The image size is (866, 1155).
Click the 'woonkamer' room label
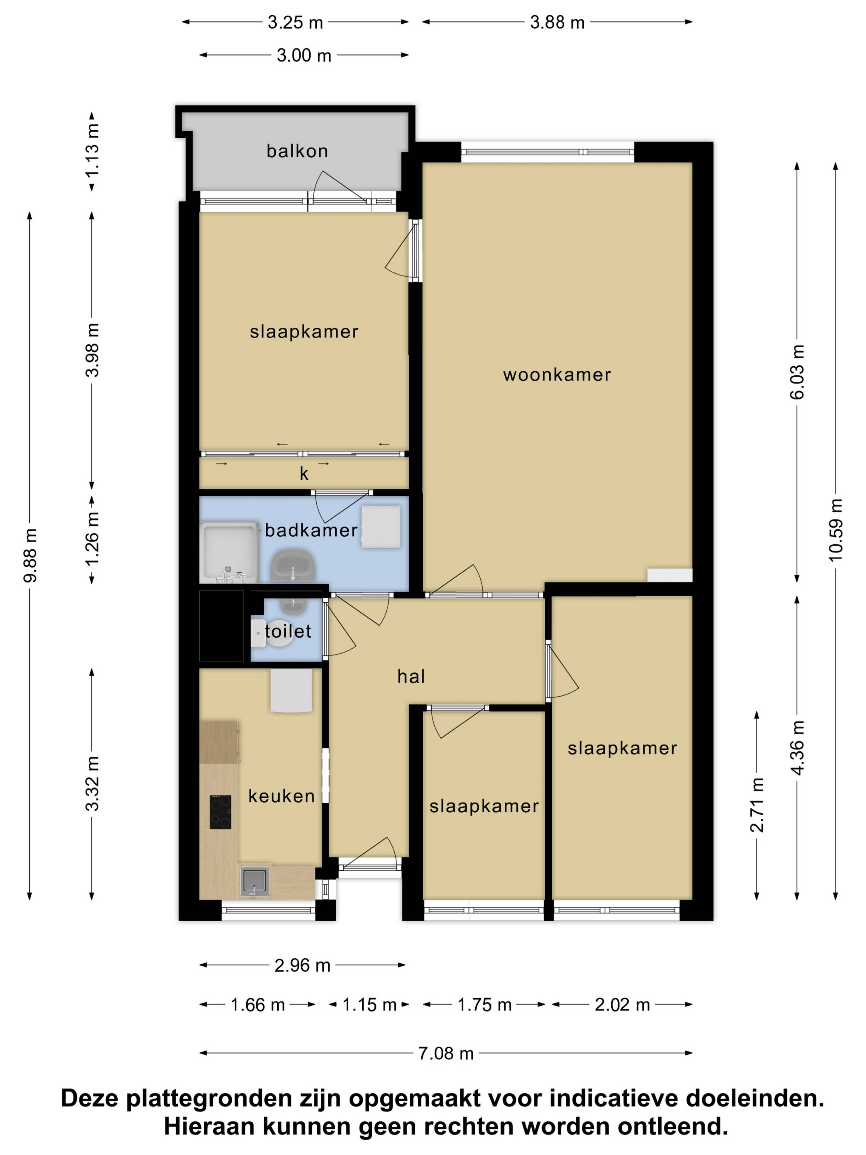point(557,375)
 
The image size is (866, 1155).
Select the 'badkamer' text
point(311,531)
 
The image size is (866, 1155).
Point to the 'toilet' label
point(288,631)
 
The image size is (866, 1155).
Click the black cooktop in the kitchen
point(220,812)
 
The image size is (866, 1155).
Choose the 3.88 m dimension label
point(557,23)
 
